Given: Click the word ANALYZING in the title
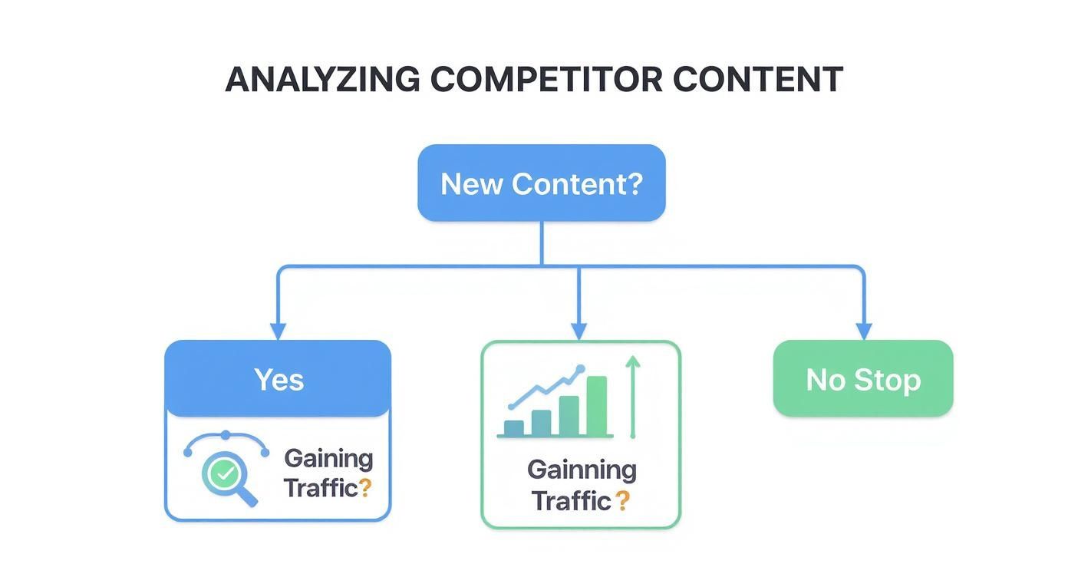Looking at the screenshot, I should [322, 80].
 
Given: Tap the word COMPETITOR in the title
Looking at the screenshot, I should [546, 80].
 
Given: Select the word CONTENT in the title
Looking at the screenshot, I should [757, 80].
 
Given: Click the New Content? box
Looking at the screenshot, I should [541, 183].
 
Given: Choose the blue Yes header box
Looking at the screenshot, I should [278, 379].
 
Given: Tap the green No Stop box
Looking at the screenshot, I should [862, 379].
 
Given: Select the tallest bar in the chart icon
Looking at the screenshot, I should [596, 405].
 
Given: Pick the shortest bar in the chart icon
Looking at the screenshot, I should [513, 427].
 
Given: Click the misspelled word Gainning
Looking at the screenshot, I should [582, 469].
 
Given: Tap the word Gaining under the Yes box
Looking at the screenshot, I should [328, 459].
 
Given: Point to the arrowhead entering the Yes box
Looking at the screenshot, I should [278, 331].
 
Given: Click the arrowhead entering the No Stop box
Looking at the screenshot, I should [863, 331].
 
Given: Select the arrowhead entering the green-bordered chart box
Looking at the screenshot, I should [578, 331].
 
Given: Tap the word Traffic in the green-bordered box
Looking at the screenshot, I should [571, 501].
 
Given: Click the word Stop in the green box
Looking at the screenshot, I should [888, 379].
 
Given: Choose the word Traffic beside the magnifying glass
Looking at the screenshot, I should [320, 488].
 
